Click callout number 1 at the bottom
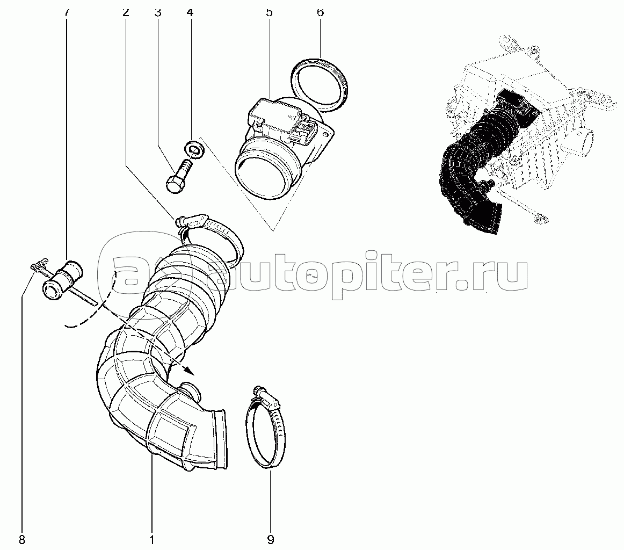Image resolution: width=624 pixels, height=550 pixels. (x=151, y=540)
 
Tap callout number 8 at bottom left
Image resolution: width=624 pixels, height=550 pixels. (x=22, y=540)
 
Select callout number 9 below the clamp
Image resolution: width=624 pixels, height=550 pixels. (x=270, y=540)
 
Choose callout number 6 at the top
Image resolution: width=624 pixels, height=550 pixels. (x=321, y=12)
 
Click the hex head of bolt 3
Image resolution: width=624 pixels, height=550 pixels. (x=174, y=185)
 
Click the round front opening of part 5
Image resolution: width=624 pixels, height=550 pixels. (x=262, y=175)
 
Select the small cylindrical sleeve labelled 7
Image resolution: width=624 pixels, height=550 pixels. (x=62, y=280)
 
